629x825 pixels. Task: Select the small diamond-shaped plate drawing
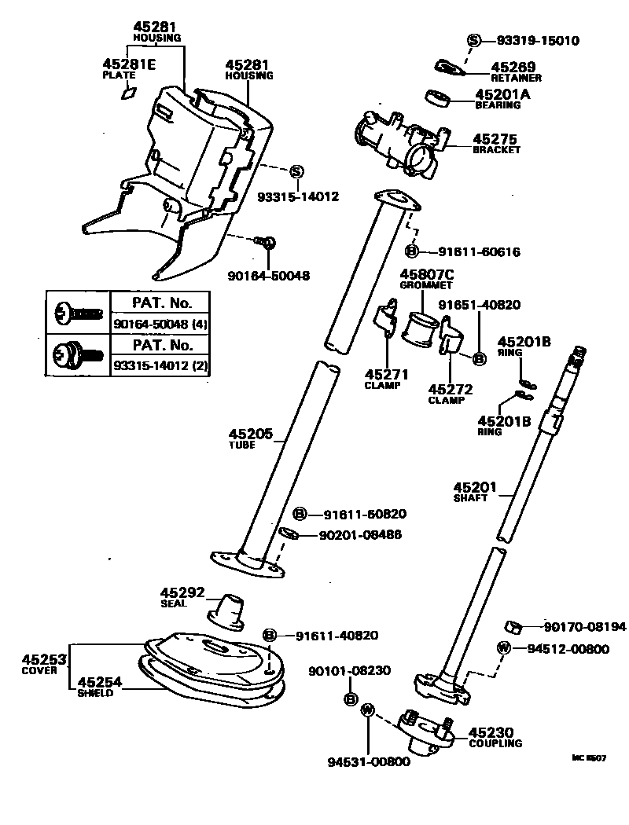click(127, 93)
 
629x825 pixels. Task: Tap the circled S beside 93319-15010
click(474, 41)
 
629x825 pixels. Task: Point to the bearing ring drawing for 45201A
click(437, 98)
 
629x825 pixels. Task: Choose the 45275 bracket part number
click(496, 139)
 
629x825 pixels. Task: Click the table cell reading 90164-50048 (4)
click(160, 324)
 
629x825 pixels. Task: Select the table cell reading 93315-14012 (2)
click(160, 365)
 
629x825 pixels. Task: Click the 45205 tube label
click(251, 434)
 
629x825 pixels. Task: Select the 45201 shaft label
click(475, 488)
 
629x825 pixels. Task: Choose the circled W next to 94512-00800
click(504, 648)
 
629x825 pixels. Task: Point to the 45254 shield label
click(100, 683)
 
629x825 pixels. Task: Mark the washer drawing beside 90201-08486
click(288, 535)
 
